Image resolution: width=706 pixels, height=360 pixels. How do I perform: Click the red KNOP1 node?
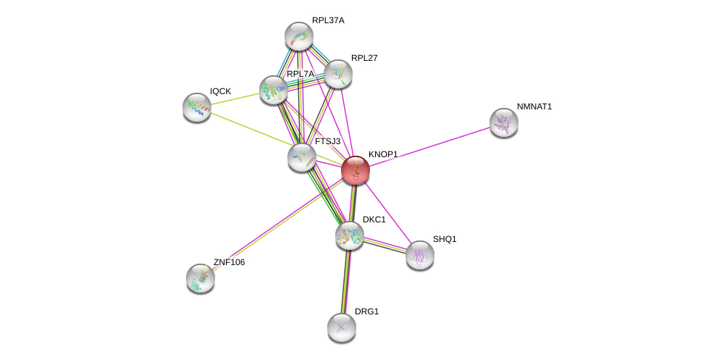[x=356, y=170]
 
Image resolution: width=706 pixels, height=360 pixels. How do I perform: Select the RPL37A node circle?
[x=298, y=35]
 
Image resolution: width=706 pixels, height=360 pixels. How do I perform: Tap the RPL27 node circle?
[x=338, y=73]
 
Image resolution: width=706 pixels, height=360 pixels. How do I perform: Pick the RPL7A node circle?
[x=274, y=90]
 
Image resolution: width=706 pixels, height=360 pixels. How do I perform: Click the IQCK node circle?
[x=196, y=107]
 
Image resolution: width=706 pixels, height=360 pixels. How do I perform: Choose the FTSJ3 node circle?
[x=301, y=156]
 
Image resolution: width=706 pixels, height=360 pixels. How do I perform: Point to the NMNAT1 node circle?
[x=503, y=122]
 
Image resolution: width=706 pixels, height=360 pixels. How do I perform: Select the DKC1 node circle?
[x=349, y=235]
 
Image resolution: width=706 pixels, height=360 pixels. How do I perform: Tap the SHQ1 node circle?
[x=419, y=255]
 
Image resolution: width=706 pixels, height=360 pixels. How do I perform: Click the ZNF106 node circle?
[x=201, y=278]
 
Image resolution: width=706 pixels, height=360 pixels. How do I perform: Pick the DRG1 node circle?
[x=341, y=327]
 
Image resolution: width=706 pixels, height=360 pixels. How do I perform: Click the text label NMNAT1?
[x=534, y=107]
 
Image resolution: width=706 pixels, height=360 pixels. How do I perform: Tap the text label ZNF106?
[x=229, y=262]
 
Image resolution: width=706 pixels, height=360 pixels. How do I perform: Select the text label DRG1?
[x=366, y=311]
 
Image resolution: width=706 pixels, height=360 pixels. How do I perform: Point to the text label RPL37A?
[x=328, y=20]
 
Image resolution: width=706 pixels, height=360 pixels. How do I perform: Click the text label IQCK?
[x=221, y=91]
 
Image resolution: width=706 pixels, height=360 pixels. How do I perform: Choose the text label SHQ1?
[x=445, y=239]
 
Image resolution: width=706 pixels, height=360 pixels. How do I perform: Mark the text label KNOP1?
[x=382, y=154]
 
